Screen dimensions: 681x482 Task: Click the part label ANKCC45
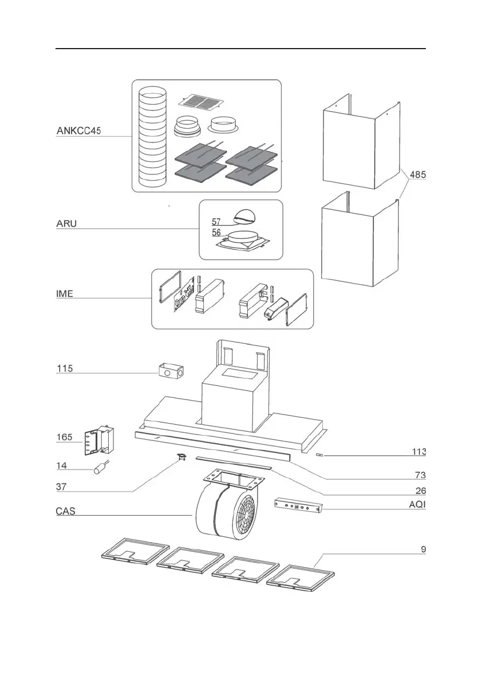point(78,131)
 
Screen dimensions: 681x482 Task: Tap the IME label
point(64,294)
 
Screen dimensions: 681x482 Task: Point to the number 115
point(65,369)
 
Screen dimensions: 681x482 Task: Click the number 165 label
point(65,437)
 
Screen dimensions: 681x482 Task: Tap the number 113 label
point(418,452)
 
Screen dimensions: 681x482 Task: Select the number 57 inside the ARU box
point(216,221)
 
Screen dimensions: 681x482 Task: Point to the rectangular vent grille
point(199,102)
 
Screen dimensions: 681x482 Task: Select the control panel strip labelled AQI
point(298,505)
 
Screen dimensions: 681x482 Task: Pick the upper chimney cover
point(359,142)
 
